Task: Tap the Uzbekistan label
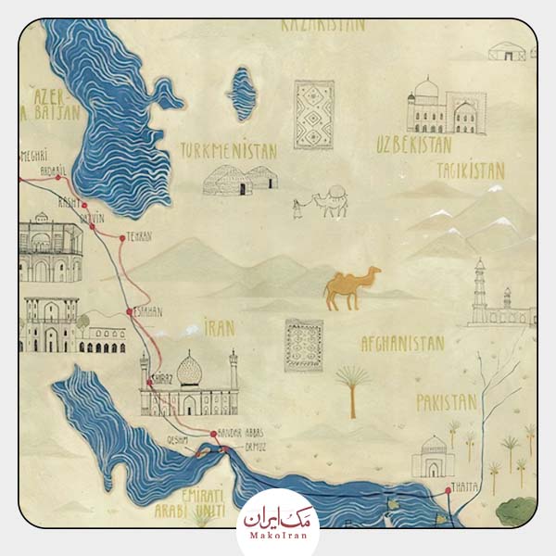click(413, 144)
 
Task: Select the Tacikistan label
click(470, 171)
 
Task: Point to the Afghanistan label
click(402, 343)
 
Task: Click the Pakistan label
click(446, 402)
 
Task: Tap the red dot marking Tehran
click(121, 237)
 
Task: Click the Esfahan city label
click(146, 312)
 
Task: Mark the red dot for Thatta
click(448, 488)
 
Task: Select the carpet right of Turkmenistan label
click(313, 114)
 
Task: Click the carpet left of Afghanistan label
click(304, 345)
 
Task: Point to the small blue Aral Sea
click(243, 94)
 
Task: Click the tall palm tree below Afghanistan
click(351, 389)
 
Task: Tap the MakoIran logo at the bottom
click(278, 522)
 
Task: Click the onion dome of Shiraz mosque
click(190, 370)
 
